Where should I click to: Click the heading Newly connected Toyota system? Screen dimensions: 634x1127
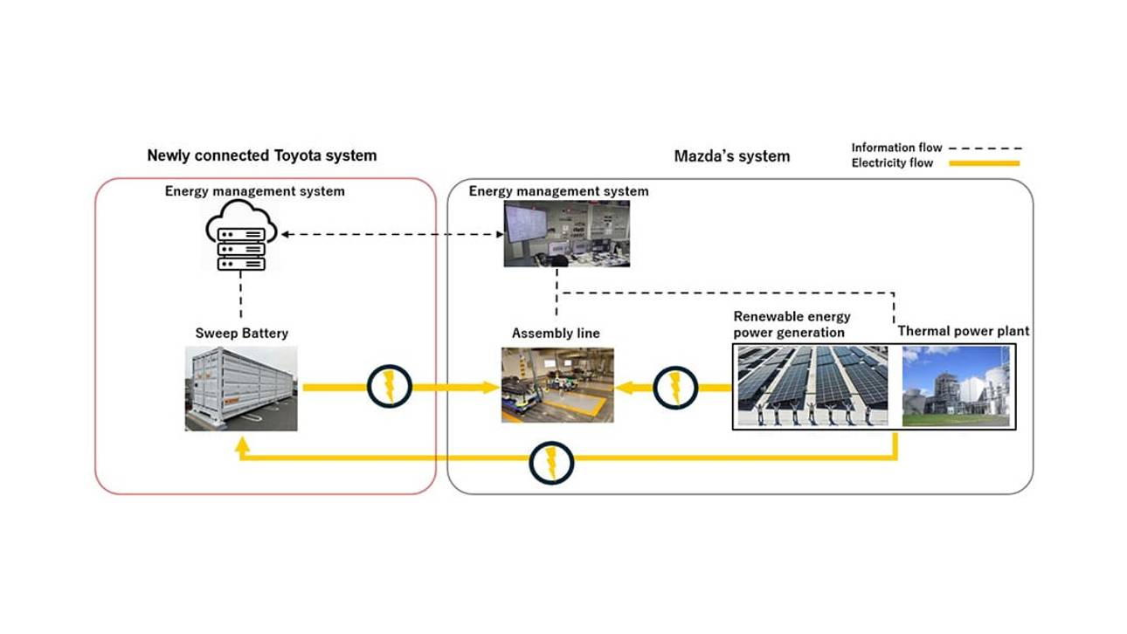pyautogui.click(x=261, y=155)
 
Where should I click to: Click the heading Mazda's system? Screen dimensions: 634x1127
pyautogui.click(x=731, y=156)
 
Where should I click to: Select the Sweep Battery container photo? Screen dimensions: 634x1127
pyautogui.click(x=241, y=388)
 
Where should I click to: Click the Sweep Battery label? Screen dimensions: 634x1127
pyautogui.click(x=241, y=334)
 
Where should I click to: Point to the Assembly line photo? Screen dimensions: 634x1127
pyautogui.click(x=557, y=385)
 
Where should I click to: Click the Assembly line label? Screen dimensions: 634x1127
pyautogui.click(x=556, y=334)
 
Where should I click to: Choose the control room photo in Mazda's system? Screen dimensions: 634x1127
pyautogui.click(x=566, y=233)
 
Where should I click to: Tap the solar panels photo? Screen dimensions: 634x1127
pyautogui.click(x=812, y=385)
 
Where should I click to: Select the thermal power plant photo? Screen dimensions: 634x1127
pyautogui.click(x=955, y=386)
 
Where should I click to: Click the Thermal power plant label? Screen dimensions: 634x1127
pyautogui.click(x=963, y=331)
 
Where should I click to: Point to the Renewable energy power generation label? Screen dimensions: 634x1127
pyautogui.click(x=792, y=324)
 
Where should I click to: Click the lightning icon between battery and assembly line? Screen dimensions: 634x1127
pyautogui.click(x=389, y=385)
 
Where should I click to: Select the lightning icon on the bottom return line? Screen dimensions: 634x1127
pyautogui.click(x=551, y=462)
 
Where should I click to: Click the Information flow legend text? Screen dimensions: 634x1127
pyautogui.click(x=896, y=148)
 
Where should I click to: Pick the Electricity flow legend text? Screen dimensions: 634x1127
pyautogui.click(x=892, y=162)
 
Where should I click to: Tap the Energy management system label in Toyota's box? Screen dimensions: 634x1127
pyautogui.click(x=254, y=191)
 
